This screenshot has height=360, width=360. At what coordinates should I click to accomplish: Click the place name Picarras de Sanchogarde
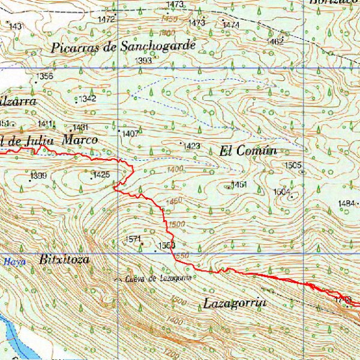click(x=124, y=46)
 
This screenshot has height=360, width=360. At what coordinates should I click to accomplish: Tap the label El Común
click(x=248, y=151)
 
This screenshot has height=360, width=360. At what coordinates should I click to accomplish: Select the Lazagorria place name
click(x=234, y=303)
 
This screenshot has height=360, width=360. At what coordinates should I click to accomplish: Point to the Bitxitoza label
click(x=64, y=260)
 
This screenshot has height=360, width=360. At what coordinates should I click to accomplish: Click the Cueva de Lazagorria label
click(x=158, y=278)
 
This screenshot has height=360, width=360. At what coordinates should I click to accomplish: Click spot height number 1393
click(x=143, y=61)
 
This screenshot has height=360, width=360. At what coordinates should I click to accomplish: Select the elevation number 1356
click(x=44, y=76)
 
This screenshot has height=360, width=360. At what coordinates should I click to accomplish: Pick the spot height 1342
click(x=88, y=98)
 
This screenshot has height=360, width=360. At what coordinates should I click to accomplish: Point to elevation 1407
click(x=130, y=133)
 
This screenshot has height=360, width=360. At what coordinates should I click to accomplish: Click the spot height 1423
click(x=192, y=146)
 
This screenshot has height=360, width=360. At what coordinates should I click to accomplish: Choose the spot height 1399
click(x=38, y=175)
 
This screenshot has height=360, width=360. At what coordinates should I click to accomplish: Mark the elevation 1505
click(x=293, y=164)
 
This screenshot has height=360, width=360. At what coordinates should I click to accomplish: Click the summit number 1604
click(x=281, y=191)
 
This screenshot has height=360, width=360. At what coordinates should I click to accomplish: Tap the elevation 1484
click(x=346, y=204)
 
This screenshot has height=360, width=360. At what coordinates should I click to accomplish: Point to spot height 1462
click(x=276, y=42)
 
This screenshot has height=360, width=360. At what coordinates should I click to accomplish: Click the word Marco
click(x=80, y=140)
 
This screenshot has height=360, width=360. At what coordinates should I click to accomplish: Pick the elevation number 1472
click(x=106, y=19)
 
